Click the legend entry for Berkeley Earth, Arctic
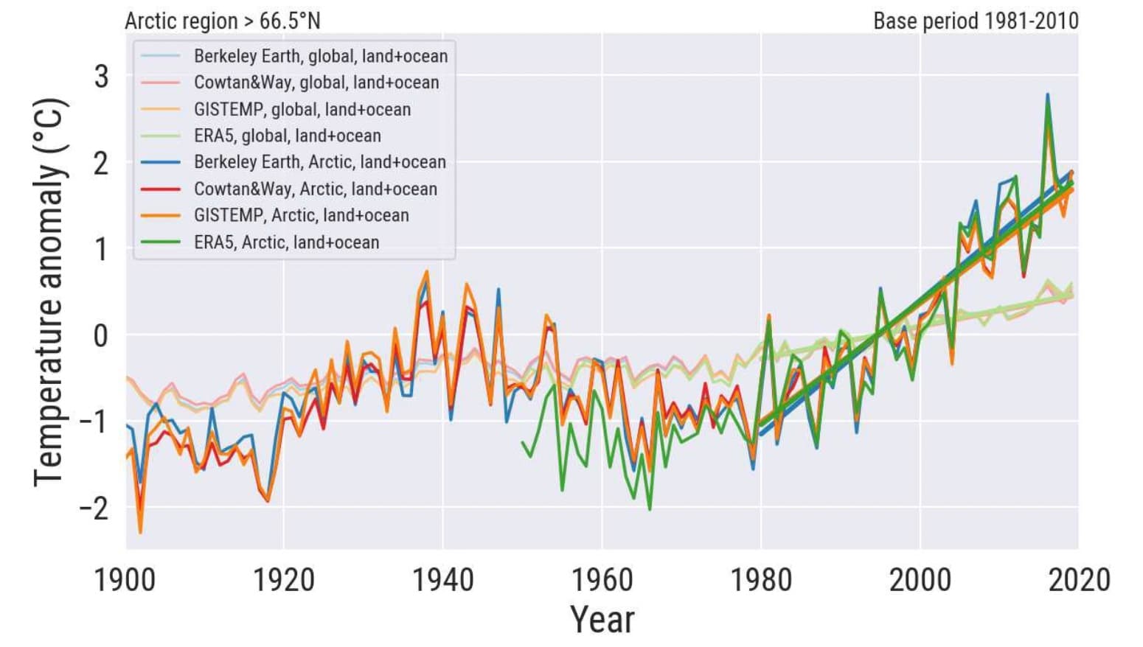[319, 162]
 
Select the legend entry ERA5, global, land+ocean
[287, 136]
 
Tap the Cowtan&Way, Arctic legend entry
[315, 189]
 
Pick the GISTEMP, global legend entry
[302, 109]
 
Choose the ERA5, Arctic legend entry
[286, 242]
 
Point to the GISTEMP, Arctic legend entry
[301, 215]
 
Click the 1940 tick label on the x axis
[442, 580]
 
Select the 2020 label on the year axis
[1079, 580]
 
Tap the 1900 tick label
[125, 580]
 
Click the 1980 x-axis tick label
[761, 580]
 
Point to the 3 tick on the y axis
[101, 77]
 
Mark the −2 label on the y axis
[94, 508]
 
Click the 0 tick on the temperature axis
[101, 335]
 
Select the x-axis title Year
[602, 619]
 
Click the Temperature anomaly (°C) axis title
[50, 292]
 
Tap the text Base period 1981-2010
[976, 21]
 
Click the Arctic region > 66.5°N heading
[223, 21]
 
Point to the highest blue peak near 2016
[1047, 94]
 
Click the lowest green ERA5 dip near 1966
[650, 509]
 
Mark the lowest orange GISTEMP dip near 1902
[140, 532]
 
